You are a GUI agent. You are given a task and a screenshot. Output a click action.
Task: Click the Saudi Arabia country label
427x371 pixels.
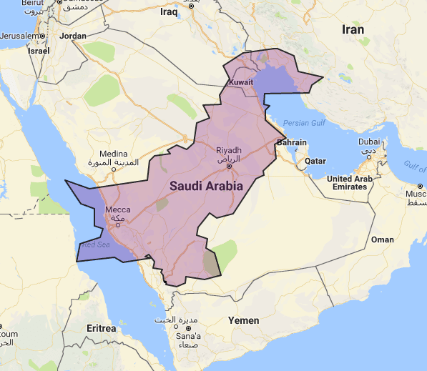pyautogui.click(x=207, y=185)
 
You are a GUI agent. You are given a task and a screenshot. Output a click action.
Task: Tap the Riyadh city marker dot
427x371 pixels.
pyautogui.click(x=229, y=166)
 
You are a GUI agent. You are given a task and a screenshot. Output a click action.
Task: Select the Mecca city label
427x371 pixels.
pyautogui.click(x=118, y=209)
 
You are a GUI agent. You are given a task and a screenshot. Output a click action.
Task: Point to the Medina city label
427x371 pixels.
pyautogui.click(x=113, y=154)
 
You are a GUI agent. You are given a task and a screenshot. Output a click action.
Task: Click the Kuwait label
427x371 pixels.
pyautogui.click(x=241, y=84)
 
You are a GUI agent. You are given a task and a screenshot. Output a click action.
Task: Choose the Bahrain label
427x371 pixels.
pyautogui.click(x=291, y=143)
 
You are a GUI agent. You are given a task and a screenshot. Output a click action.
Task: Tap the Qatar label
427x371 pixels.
pyautogui.click(x=315, y=161)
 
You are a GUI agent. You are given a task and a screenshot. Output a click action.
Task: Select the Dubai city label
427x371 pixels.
pyautogui.click(x=369, y=142)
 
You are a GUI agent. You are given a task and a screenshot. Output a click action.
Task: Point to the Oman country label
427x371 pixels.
pyautogui.click(x=383, y=239)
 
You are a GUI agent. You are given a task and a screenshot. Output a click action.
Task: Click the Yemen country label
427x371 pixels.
pyautogui.click(x=243, y=320)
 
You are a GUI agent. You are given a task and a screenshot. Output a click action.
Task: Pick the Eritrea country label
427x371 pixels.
pyautogui.click(x=100, y=328)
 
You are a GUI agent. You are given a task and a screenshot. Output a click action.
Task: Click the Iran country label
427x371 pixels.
pyautogui.click(x=352, y=30)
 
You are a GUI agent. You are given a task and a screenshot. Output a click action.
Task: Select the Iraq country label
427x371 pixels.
pyautogui.click(x=169, y=12)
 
